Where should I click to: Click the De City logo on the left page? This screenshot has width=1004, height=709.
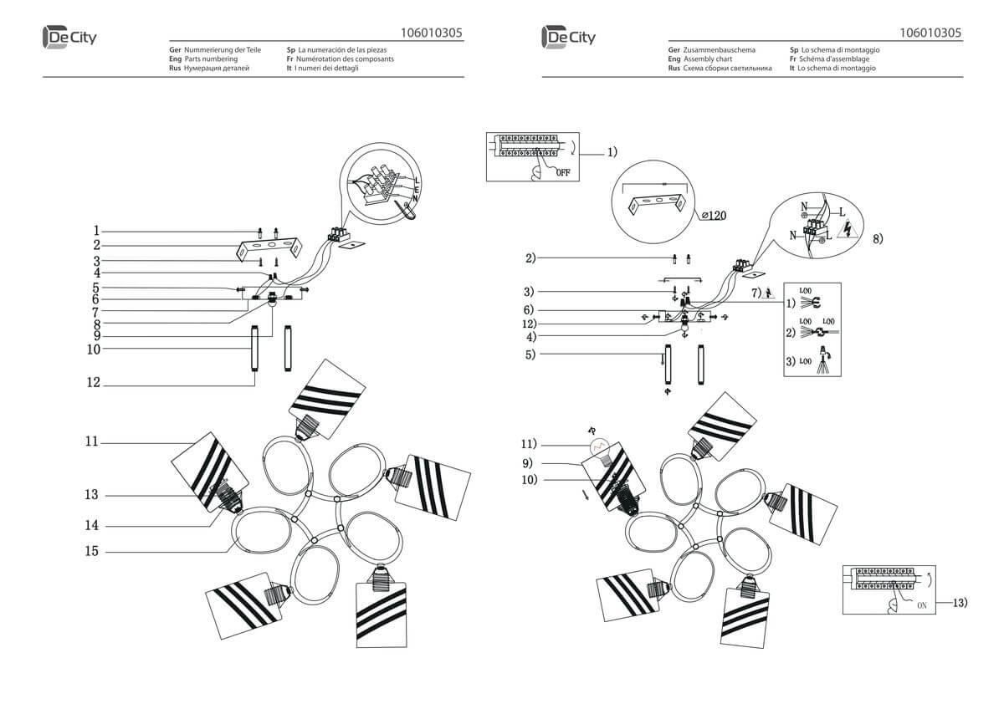(69, 37)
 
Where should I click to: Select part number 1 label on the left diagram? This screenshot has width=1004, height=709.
(97, 230)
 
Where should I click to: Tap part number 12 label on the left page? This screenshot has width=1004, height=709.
(93, 383)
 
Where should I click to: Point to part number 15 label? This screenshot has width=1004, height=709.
(91, 551)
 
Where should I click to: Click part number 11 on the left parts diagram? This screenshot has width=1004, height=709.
(91, 441)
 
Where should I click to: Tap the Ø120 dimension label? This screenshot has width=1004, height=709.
(713, 216)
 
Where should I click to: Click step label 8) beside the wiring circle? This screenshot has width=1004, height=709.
(878, 239)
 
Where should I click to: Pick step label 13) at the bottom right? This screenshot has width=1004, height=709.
(959, 601)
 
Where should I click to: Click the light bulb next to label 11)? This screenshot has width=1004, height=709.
(597, 448)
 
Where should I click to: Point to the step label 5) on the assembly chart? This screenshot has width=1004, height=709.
(530, 354)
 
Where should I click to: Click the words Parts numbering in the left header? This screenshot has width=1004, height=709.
(210, 59)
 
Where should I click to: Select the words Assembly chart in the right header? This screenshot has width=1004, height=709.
(708, 59)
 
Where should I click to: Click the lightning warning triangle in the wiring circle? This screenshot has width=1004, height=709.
(846, 228)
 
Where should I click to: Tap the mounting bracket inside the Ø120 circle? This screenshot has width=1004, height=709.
(657, 203)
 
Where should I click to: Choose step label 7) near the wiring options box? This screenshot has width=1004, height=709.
(756, 293)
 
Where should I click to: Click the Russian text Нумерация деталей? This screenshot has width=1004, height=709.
(216, 69)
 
